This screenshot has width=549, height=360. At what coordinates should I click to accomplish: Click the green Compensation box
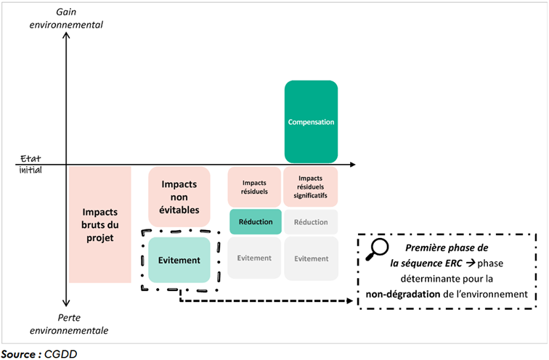pos(311,121)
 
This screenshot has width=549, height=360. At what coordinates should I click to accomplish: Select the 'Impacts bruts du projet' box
pos(99,224)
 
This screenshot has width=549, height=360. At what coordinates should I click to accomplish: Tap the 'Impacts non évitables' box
pos(179,195)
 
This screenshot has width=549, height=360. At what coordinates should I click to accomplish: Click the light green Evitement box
pos(179,259)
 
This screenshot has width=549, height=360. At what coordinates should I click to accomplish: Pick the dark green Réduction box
pos(255,221)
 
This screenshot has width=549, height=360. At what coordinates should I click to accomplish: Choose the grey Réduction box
pos(311,221)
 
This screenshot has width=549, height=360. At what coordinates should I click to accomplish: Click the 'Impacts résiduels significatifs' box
pos(311,187)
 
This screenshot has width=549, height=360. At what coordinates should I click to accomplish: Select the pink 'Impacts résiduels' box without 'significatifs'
pos(255,187)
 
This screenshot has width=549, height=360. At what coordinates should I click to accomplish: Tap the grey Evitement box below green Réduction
pos(255,258)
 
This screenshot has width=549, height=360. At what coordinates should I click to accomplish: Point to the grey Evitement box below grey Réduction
pos(311,258)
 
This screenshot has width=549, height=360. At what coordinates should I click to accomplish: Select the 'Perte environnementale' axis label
pos(69,324)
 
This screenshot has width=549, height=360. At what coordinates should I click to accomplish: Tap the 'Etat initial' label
pos(30,164)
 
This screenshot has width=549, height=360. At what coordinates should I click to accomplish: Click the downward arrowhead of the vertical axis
pos(66,305)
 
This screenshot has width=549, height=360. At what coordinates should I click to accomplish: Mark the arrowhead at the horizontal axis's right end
pos(351,164)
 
